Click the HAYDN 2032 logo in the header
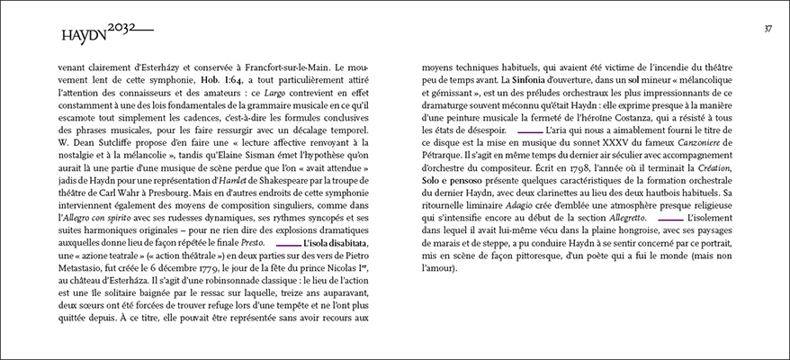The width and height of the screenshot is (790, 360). pyautogui.click(x=107, y=32)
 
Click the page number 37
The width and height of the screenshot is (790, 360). pyautogui.click(x=768, y=29)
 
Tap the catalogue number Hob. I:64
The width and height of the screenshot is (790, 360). pyautogui.click(x=220, y=79)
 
